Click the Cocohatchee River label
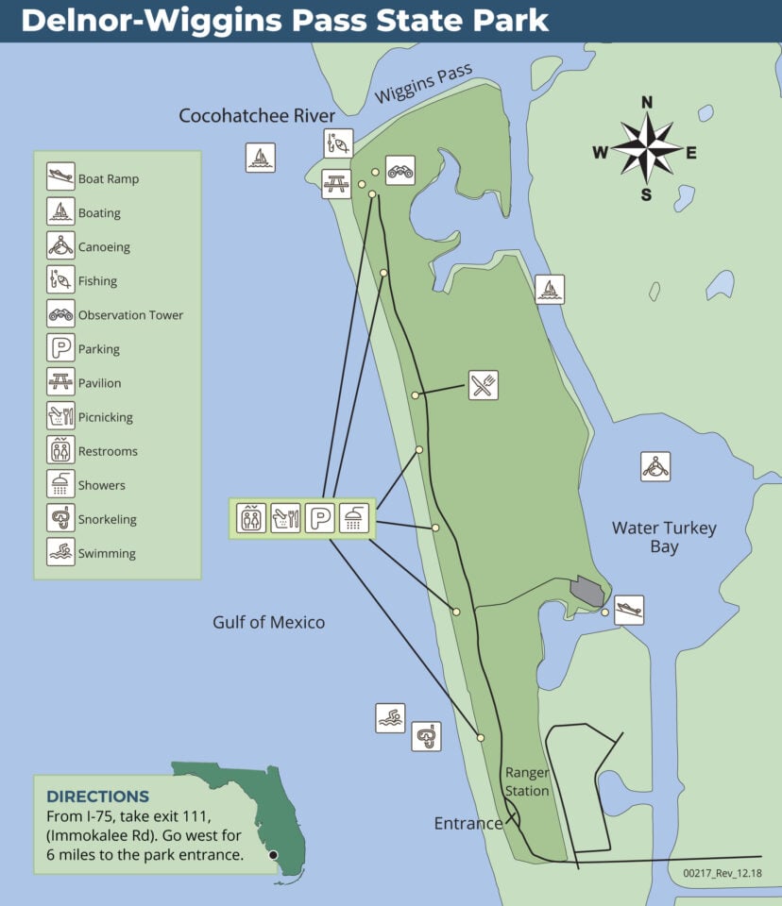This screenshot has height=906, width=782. point(257,116)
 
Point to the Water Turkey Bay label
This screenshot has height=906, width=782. point(664,537)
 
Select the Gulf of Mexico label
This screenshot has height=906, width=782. point(268,622)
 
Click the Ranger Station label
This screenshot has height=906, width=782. point(527,781)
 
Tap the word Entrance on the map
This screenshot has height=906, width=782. point(467,823)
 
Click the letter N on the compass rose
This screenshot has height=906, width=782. point(647,102)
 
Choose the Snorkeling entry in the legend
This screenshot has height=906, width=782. point(107,519)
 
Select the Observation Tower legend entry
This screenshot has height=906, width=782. point(130,315)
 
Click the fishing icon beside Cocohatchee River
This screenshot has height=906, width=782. point(338,143)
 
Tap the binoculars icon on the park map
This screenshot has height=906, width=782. point(400,170)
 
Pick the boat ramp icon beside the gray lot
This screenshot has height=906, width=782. point(629,610)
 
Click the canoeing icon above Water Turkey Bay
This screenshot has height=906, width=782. point(655,466)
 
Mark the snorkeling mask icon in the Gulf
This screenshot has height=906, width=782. point(426,736)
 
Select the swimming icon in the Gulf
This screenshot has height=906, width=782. point(390,718)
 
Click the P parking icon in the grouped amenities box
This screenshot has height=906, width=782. point(320,517)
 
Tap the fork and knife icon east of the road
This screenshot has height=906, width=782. point(484,385)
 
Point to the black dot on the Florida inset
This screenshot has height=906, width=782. point(273,855)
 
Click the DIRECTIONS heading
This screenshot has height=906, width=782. point(98,797)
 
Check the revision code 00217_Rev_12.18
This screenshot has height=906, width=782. point(721,874)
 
